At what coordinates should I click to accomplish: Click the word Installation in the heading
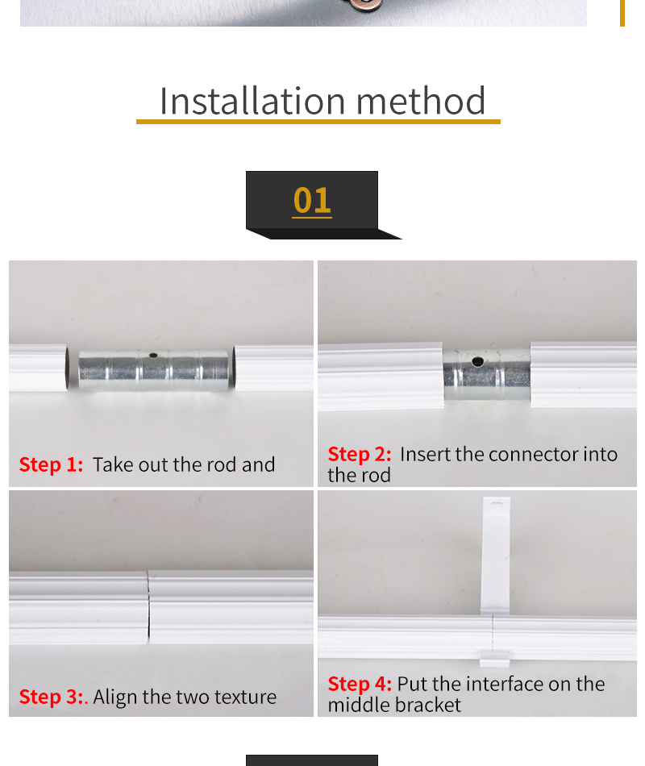coord(252,101)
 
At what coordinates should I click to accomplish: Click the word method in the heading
coord(421,101)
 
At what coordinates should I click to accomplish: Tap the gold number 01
coord(312,200)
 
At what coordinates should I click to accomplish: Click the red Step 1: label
coord(51,464)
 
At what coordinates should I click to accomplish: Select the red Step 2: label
coord(360,454)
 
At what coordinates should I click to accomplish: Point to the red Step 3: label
coord(51,697)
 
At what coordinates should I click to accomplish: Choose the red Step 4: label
coord(360,684)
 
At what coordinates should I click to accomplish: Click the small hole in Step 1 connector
coord(153,356)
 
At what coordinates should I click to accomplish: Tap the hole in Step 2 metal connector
coord(477,361)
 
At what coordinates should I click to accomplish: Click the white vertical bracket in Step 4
coord(496,556)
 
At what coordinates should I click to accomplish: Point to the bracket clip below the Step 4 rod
coord(494,658)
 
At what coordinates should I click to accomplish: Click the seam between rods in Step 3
coord(148,607)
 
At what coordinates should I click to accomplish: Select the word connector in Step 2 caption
coord(534,455)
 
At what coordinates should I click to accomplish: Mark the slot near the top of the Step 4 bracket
coord(497,503)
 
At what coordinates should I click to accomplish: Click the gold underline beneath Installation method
coord(318,122)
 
